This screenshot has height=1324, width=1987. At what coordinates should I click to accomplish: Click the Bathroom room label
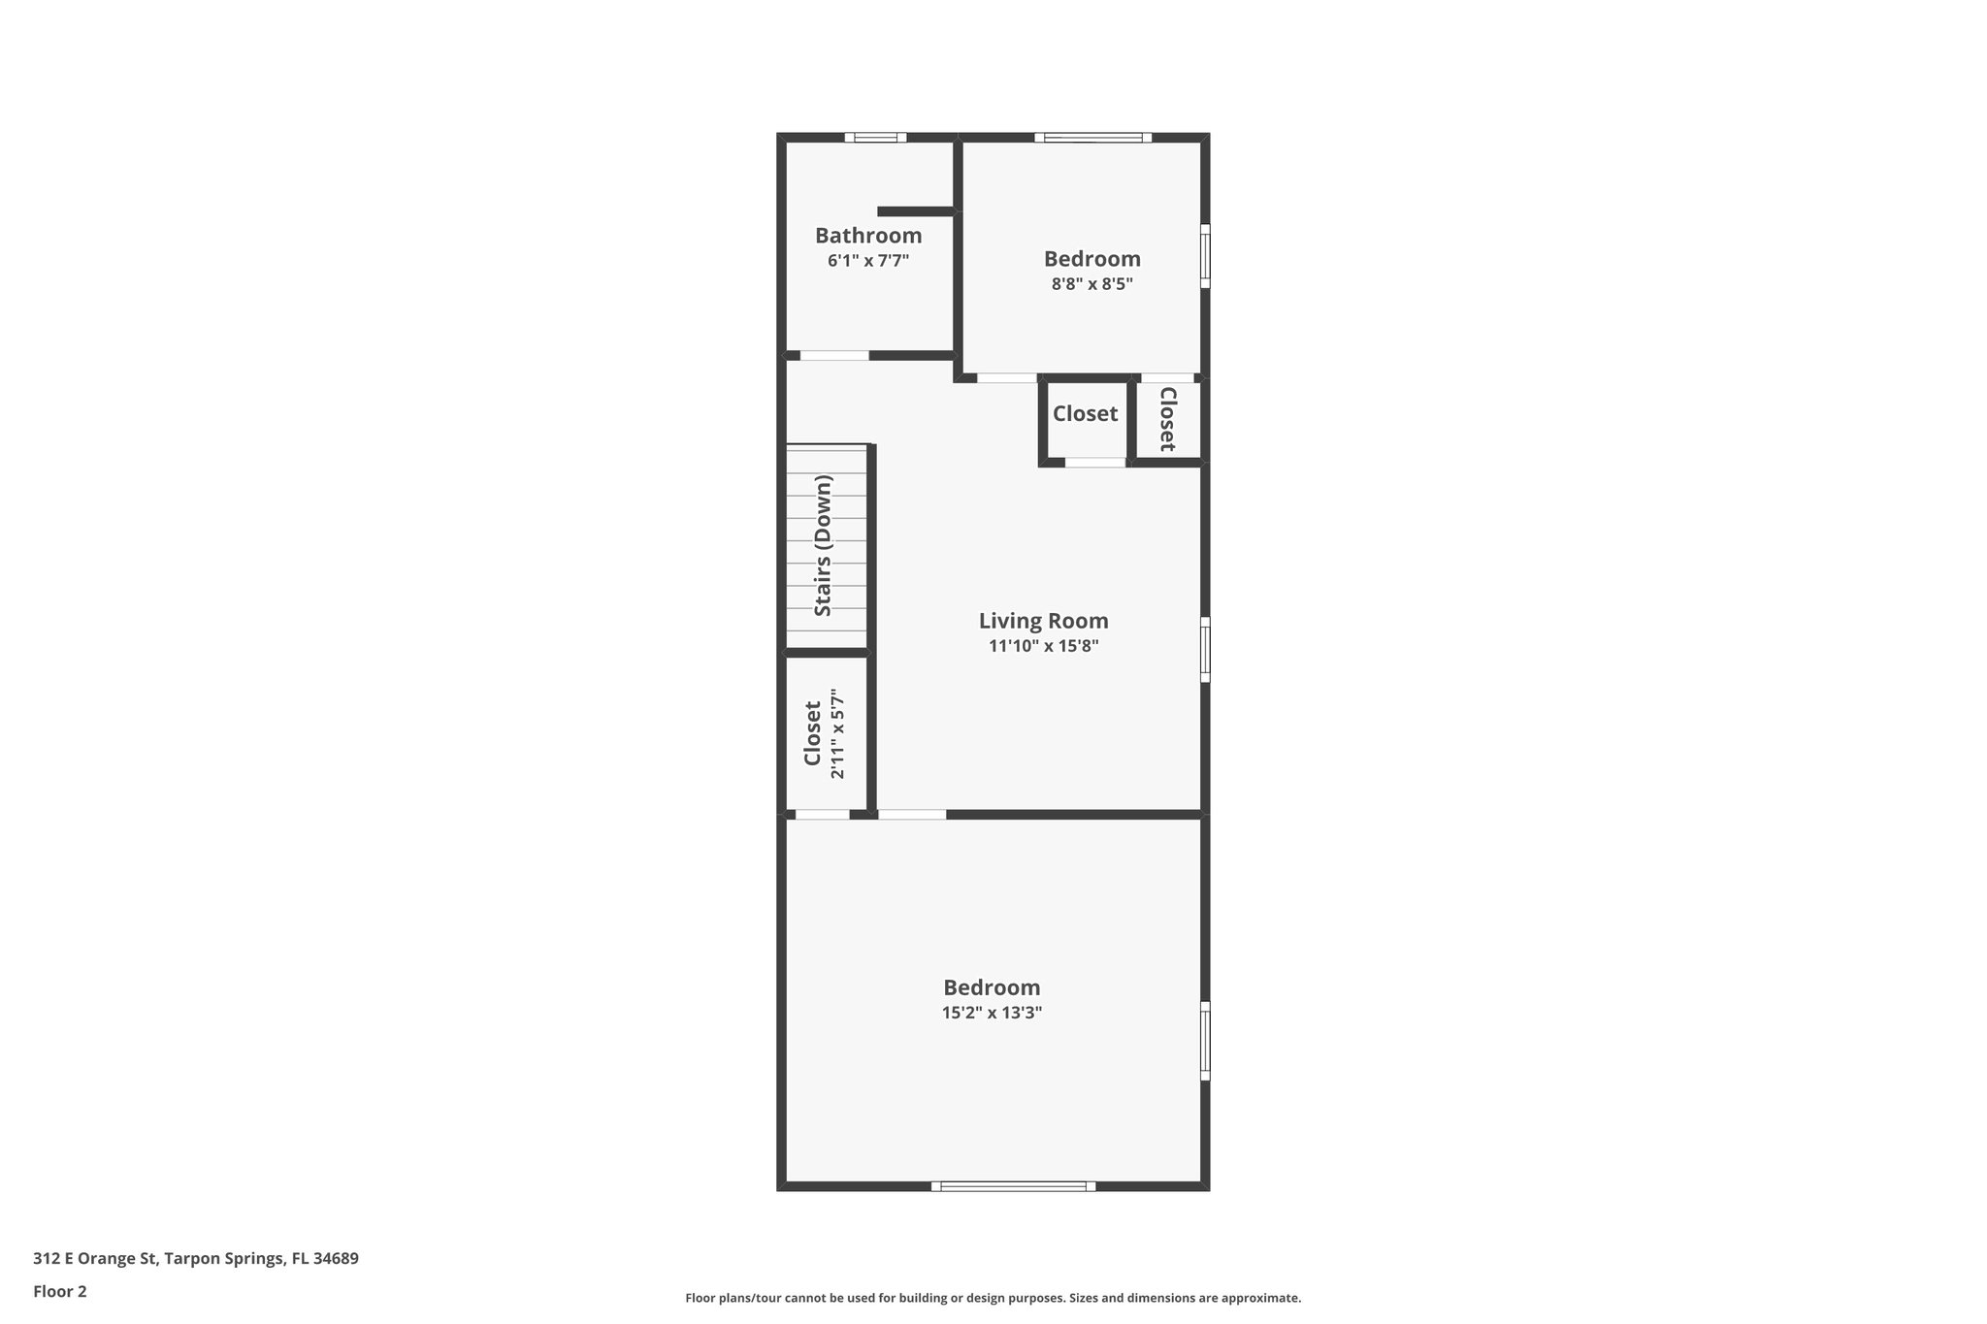click(867, 236)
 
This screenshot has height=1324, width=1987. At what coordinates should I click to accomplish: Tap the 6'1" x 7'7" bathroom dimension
click(867, 261)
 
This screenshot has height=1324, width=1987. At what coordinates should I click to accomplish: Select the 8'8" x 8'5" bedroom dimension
click(1091, 284)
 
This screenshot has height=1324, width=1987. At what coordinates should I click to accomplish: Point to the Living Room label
click(1043, 621)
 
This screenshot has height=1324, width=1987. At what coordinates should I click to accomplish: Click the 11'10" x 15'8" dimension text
click(1043, 646)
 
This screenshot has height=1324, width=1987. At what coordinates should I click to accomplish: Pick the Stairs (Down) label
click(823, 545)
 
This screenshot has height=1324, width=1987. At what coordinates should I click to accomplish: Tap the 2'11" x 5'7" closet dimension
click(838, 734)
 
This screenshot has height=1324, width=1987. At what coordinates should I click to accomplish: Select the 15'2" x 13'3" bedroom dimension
click(992, 1013)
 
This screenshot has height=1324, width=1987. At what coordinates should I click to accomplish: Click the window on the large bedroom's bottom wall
click(1013, 1185)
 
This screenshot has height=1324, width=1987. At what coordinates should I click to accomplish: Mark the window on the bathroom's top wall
click(875, 138)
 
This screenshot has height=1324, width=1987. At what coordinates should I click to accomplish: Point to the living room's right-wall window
click(1205, 650)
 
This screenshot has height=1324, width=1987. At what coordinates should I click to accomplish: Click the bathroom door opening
click(834, 356)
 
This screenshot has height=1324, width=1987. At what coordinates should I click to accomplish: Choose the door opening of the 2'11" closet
click(822, 814)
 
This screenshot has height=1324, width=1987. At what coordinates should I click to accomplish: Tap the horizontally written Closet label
click(1085, 414)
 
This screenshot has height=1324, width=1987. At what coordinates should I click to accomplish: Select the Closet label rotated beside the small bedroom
click(1168, 419)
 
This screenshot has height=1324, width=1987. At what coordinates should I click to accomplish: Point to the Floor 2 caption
click(60, 1291)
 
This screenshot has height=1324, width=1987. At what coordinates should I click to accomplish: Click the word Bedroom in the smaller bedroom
click(1091, 259)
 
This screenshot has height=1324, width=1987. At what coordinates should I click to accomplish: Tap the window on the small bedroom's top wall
click(1092, 138)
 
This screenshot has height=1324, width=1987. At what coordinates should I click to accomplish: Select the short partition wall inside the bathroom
click(916, 211)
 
